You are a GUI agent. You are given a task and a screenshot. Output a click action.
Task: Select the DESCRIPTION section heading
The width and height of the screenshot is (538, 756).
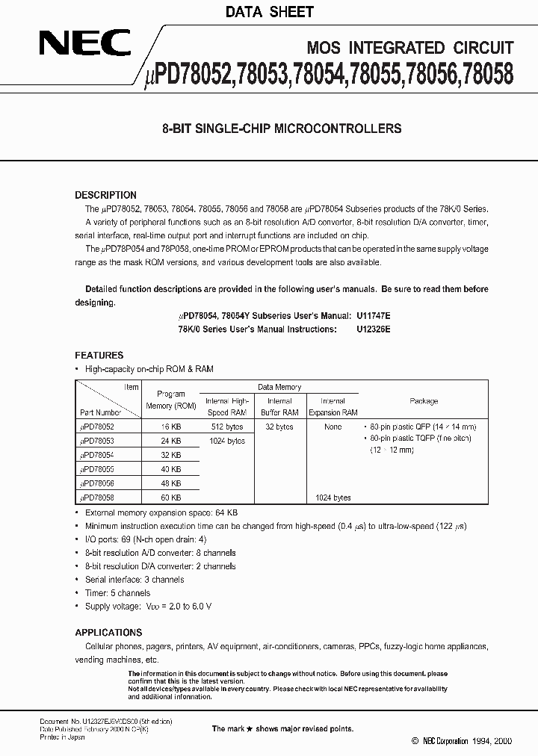[x=105, y=195]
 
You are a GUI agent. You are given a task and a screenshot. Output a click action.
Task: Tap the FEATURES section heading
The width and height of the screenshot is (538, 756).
[x=99, y=356]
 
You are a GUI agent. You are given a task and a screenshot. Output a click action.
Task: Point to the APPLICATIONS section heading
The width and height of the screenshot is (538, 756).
[x=108, y=632]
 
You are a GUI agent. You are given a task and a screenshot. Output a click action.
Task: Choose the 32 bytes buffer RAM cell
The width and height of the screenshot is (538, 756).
[x=279, y=427]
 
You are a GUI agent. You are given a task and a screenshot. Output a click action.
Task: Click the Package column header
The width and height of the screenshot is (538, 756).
[x=424, y=400]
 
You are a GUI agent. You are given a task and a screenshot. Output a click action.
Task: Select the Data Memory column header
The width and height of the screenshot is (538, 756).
[x=279, y=387]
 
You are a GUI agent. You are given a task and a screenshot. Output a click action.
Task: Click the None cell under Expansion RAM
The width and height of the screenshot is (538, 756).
[x=333, y=427]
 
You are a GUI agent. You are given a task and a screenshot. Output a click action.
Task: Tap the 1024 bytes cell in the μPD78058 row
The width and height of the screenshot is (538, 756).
[x=333, y=498]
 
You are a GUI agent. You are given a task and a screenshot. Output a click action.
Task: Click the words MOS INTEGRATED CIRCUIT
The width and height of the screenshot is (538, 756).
[x=410, y=48]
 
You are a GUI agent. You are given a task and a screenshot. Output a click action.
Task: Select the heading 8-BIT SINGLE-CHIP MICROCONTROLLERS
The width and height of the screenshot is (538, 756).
[x=282, y=128]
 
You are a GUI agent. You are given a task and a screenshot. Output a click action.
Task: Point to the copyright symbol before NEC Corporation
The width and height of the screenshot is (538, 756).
[x=415, y=741]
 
